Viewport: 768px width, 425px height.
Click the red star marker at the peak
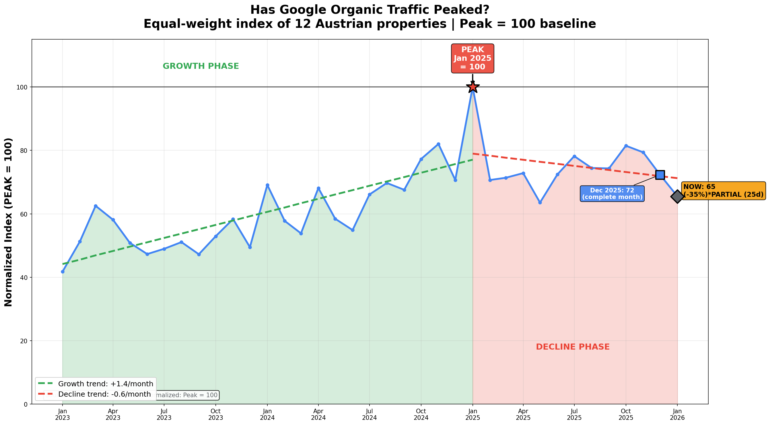pos(473,87)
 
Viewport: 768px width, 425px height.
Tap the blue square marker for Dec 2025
pos(660,175)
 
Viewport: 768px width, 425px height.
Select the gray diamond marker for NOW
pos(677,196)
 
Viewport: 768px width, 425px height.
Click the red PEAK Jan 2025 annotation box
pos(473,58)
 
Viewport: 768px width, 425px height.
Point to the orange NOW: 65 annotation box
pos(723,191)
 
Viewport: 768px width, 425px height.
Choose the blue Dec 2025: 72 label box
pos(612,194)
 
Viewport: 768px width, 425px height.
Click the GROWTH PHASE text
pos(201,66)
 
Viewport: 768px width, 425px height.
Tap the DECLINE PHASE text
pos(573,347)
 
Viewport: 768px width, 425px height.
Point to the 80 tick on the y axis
pos(24,151)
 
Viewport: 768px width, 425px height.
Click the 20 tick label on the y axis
pos(24,341)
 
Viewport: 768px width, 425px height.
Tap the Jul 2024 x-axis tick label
pos(370,414)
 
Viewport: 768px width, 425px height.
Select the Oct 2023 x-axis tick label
pos(215,414)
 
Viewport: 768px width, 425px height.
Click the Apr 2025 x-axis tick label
pos(523,414)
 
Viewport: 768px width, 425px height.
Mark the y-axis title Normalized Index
pos(8,222)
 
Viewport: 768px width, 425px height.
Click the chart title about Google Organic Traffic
pos(370,17)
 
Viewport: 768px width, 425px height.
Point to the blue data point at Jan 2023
pos(63,272)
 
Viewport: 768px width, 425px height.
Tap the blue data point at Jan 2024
pos(267,185)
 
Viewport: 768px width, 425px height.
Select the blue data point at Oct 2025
pos(626,146)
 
